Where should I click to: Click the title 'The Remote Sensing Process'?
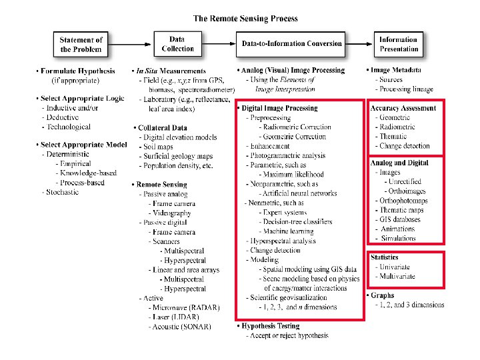coord(245,19)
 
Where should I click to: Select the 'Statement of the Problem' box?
coord(81,44)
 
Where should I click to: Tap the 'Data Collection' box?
coord(177,44)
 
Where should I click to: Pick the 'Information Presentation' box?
coord(398,44)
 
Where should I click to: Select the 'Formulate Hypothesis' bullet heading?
coord(77,71)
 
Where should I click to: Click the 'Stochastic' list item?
coord(62,192)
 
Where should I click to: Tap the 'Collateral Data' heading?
coord(163,127)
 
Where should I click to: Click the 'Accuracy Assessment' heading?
coord(403,108)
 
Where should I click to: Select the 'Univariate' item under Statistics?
coord(396,266)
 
